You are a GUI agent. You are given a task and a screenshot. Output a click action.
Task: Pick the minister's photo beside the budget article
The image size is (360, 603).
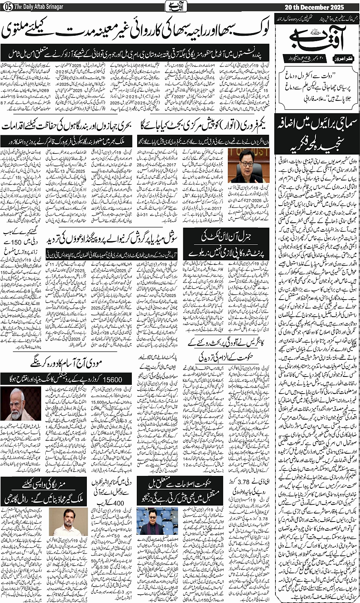(x=243, y=167)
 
